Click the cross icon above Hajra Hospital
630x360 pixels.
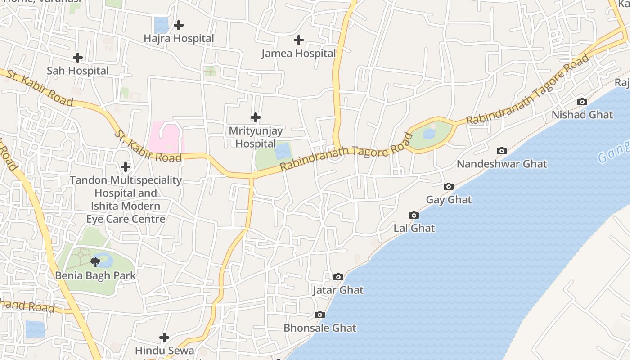click(x=179, y=25)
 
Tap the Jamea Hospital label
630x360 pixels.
click(x=299, y=54)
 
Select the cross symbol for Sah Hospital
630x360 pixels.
click(x=78, y=58)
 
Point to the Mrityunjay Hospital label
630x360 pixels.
click(x=256, y=137)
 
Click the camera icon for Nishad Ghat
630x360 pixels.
click(x=582, y=102)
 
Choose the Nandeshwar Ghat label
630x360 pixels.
click(x=502, y=164)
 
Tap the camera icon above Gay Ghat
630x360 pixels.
click(x=449, y=186)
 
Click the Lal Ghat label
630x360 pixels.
click(x=414, y=228)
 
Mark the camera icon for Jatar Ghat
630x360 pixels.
click(x=338, y=277)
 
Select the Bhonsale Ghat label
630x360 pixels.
click(x=319, y=328)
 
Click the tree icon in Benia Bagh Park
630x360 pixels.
click(x=95, y=262)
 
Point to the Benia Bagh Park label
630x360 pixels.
click(x=95, y=275)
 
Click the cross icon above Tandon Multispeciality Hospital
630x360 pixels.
click(x=126, y=167)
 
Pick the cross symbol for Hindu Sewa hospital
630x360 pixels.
click(x=164, y=337)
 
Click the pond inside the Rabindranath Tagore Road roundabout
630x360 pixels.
click(x=429, y=134)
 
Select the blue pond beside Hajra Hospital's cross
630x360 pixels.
click(x=161, y=25)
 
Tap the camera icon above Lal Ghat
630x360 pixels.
click(x=414, y=215)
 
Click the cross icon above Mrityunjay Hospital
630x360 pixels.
click(x=256, y=118)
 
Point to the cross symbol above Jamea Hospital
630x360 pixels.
click(x=299, y=40)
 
